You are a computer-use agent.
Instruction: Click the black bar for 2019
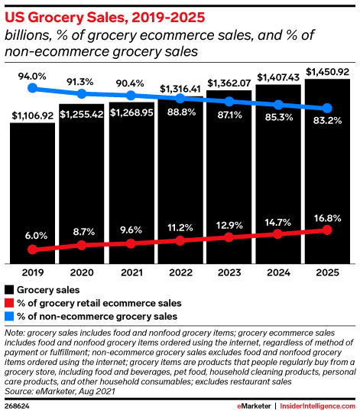click(x=32, y=191)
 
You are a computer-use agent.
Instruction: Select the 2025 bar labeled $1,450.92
click(x=328, y=168)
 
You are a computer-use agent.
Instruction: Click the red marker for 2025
click(x=328, y=230)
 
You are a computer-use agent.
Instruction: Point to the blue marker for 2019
click(x=32, y=88)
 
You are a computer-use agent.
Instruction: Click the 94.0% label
click(x=32, y=76)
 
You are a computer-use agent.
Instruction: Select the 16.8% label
click(x=328, y=217)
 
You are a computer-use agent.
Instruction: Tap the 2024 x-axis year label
click(x=278, y=272)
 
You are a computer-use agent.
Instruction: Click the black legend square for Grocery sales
click(x=10, y=290)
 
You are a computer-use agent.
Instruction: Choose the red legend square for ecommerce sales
click(x=10, y=303)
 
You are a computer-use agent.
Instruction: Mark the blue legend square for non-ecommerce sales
click(x=10, y=316)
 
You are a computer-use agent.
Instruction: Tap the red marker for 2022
click(x=180, y=240)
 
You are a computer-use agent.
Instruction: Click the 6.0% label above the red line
click(x=32, y=236)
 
